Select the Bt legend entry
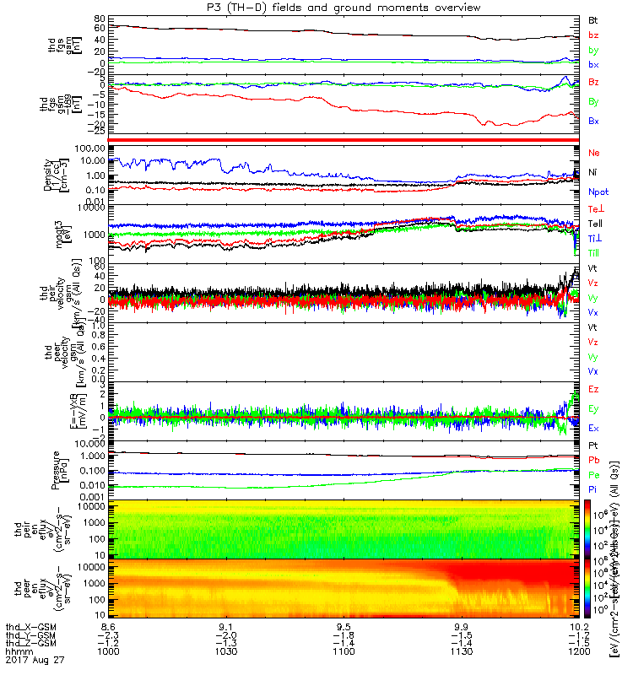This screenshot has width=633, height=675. coord(593,19)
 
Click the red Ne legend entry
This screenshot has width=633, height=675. coord(594,153)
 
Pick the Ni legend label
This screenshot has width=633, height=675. coord(593,172)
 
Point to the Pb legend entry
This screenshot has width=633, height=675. coord(594,461)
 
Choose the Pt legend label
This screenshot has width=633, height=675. coord(593,445)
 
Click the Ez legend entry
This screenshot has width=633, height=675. coord(594,390)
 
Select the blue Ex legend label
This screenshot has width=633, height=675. coord(594,429)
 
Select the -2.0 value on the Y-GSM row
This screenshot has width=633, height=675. coord(224,635)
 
